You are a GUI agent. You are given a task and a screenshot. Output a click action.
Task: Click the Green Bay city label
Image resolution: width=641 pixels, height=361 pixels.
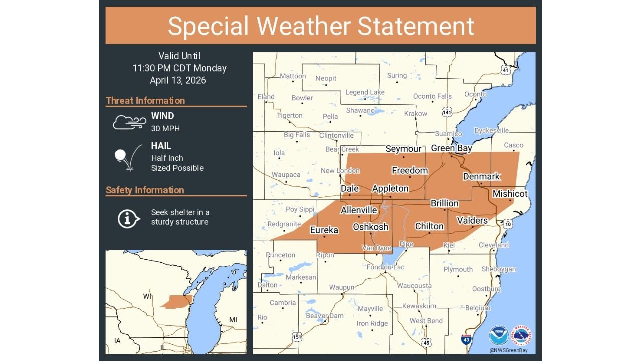pyautogui.click(x=451, y=148)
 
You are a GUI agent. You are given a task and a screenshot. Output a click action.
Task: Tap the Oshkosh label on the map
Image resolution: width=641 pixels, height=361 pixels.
pyautogui.click(x=370, y=227)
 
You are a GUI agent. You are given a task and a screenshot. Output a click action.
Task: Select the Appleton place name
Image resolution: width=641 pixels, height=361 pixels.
pyautogui.click(x=390, y=189)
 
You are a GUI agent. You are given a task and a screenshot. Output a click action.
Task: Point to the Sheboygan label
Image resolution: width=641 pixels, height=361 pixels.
pyautogui.click(x=498, y=269)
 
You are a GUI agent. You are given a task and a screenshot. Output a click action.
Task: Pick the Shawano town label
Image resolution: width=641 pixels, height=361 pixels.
pyautogui.click(x=360, y=110)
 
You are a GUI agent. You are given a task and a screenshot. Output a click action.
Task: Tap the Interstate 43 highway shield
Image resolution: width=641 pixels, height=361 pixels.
pyautogui.click(x=466, y=339)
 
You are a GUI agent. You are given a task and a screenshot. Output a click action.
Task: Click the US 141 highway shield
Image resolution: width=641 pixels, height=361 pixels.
pyautogui.click(x=447, y=112)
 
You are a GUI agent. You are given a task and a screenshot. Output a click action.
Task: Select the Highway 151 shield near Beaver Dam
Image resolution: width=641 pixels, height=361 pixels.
pyautogui.click(x=298, y=337)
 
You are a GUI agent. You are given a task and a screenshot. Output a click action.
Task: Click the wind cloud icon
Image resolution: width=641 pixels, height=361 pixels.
pyautogui.click(x=129, y=122)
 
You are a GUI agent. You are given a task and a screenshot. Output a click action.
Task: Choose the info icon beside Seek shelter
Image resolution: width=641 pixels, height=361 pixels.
pyautogui.click(x=128, y=218)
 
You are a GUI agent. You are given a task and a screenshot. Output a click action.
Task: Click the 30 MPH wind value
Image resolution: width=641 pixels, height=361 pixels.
pyautogui.click(x=165, y=129)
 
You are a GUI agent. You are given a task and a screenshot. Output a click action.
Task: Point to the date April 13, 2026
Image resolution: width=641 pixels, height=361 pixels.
pyautogui.click(x=178, y=80)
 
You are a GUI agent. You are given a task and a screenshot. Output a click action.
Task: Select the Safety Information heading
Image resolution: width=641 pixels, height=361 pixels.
pyautogui.click(x=145, y=190)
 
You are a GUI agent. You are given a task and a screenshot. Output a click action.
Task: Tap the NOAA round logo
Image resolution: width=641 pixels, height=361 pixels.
pyautogui.click(x=499, y=335)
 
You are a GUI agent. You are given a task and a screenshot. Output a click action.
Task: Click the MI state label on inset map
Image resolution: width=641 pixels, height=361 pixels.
pyautogui.click(x=233, y=320)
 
